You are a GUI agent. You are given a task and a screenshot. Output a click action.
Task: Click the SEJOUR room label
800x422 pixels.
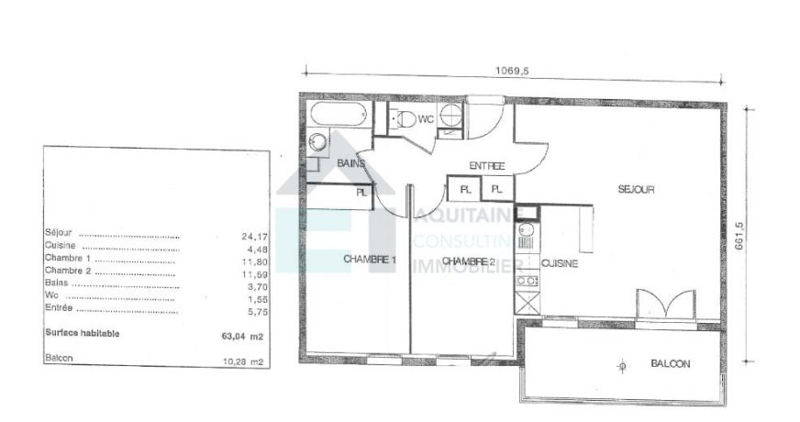pos(636,190)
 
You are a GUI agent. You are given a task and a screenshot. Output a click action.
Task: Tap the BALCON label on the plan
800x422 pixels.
pos(670,364)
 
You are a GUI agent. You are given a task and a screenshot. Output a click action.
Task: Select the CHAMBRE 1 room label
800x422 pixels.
pos(369,260)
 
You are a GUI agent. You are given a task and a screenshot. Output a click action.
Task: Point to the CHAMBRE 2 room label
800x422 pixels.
pos(468,261)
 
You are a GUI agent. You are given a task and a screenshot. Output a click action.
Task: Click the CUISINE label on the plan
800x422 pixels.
pos(560,262)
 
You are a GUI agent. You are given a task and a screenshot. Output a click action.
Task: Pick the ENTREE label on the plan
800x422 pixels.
pos(487,166)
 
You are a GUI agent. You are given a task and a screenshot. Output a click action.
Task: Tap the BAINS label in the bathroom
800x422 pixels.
pos(350,163)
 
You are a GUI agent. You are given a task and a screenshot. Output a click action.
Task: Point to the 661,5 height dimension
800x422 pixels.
pos(739,239)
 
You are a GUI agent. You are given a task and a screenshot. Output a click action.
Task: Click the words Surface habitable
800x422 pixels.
pos(82,334)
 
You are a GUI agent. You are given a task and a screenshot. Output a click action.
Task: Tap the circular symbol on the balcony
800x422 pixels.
pos(623,367)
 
